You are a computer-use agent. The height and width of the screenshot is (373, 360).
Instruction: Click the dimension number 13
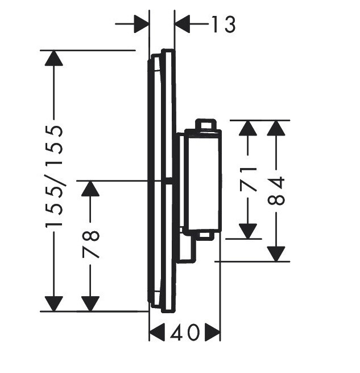(x=224, y=24)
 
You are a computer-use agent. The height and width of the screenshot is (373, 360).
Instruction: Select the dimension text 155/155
(x=54, y=177)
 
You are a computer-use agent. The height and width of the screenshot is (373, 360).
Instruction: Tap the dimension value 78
(x=90, y=244)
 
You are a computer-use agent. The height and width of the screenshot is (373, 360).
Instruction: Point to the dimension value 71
(x=248, y=179)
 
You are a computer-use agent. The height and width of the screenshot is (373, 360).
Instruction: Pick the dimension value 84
(x=276, y=191)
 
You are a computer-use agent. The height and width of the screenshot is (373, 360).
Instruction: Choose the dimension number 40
(x=185, y=333)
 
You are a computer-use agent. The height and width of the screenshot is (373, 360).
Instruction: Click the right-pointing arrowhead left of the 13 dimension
(x=142, y=24)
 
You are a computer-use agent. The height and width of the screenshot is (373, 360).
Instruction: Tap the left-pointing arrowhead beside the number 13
(x=182, y=24)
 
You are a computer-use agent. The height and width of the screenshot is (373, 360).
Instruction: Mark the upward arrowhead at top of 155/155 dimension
(x=54, y=58)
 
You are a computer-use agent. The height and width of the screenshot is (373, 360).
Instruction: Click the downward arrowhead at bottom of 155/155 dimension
(x=54, y=304)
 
